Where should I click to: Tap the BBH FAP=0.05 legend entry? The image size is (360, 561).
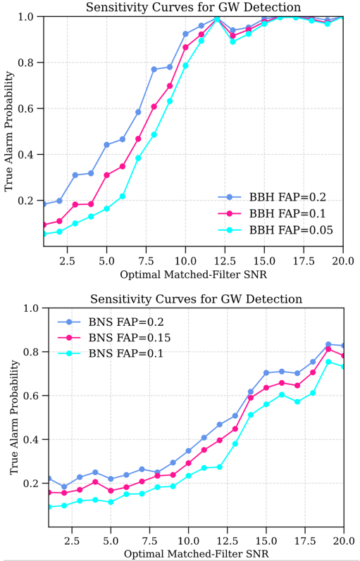(275, 230)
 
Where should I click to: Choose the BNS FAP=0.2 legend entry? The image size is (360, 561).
(111, 322)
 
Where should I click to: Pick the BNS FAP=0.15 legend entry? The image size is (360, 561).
(114, 338)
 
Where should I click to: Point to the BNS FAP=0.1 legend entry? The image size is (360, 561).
(111, 353)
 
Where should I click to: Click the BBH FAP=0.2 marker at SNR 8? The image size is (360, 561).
(154, 70)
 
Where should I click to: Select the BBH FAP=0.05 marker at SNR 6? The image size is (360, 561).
(123, 196)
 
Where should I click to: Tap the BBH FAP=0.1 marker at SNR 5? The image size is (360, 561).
(107, 175)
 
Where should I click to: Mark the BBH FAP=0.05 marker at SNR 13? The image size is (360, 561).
(232, 42)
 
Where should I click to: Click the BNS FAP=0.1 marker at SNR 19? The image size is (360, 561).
(328, 362)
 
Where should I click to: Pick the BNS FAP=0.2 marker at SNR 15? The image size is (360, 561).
(266, 373)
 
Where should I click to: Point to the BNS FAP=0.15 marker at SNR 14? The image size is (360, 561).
(251, 398)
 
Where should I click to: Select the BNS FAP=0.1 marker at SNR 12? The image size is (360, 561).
(220, 467)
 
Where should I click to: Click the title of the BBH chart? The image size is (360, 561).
(193, 7)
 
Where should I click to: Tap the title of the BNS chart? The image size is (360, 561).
(196, 298)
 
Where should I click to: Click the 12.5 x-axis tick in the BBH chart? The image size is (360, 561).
(225, 261)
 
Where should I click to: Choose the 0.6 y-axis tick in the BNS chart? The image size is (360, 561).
(35, 396)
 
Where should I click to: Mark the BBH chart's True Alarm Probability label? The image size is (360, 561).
(9, 131)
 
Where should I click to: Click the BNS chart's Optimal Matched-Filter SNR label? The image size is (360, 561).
(196, 554)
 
